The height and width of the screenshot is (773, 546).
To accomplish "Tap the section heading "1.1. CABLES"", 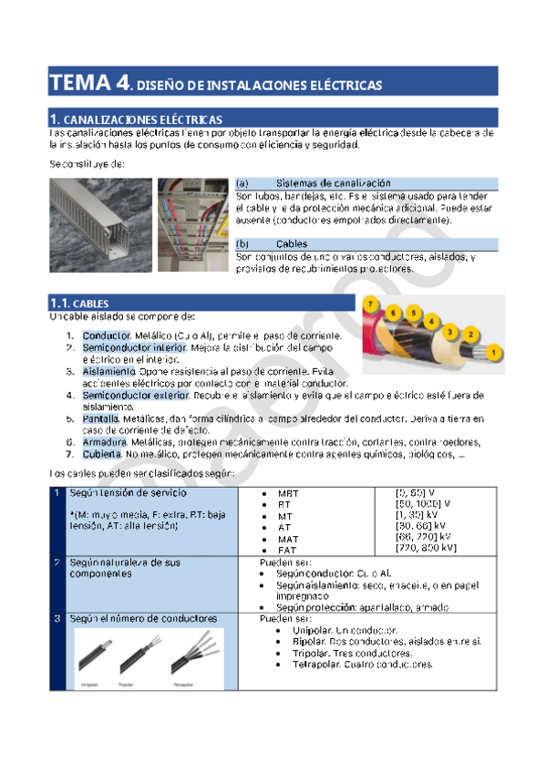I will (x=80, y=303).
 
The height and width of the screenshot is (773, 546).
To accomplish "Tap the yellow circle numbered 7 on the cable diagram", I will (x=371, y=304).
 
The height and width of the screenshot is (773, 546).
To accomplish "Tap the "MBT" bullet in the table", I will (x=289, y=493).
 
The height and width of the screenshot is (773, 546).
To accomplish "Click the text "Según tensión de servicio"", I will (x=120, y=492).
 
